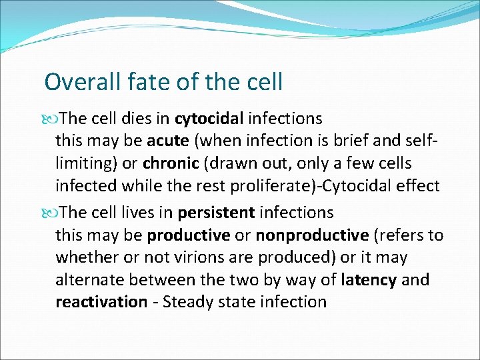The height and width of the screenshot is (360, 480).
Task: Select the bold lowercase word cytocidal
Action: (x=209, y=119)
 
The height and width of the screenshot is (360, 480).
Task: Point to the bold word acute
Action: (x=167, y=141)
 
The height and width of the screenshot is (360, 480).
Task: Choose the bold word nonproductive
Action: (x=312, y=235)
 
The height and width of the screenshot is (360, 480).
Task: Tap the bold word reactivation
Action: (x=101, y=302)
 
